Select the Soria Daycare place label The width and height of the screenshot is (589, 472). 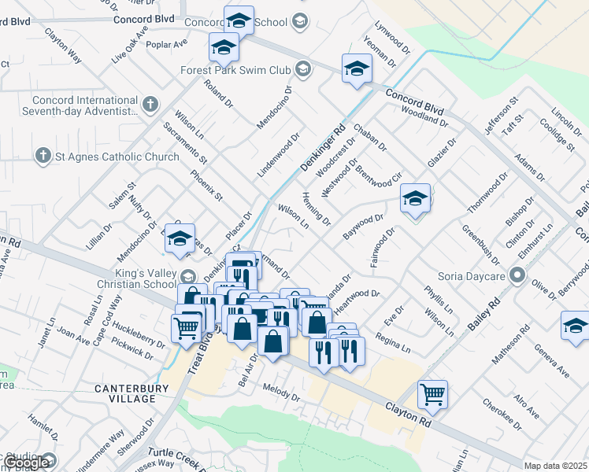[x=470, y=275]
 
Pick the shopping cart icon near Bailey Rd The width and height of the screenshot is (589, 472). [x=433, y=394]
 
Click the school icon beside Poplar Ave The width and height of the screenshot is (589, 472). [x=224, y=49]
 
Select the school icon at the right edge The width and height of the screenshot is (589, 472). [x=575, y=326]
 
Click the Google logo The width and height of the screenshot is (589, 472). [x=27, y=463]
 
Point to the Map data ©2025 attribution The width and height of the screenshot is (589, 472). [x=555, y=466]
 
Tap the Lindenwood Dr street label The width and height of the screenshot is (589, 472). [x=279, y=154]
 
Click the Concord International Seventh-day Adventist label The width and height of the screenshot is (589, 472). [x=85, y=106]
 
